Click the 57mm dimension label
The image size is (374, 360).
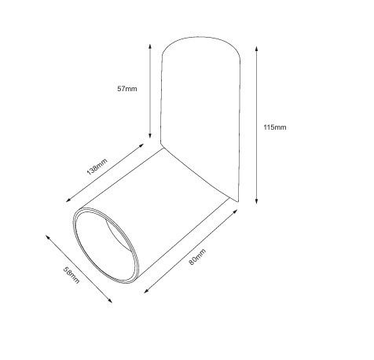click(127, 89)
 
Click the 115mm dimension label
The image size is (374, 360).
click(275, 127)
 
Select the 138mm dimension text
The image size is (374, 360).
click(97, 167)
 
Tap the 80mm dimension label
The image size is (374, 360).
click(197, 257)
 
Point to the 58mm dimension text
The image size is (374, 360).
click(71, 275)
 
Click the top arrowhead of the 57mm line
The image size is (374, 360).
click(150, 46)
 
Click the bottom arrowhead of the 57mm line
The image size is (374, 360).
click(150, 135)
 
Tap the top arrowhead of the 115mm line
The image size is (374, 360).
click(257, 50)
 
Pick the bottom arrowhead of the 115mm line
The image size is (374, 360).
click(257, 201)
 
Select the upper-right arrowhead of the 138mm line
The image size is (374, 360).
click(141, 145)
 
